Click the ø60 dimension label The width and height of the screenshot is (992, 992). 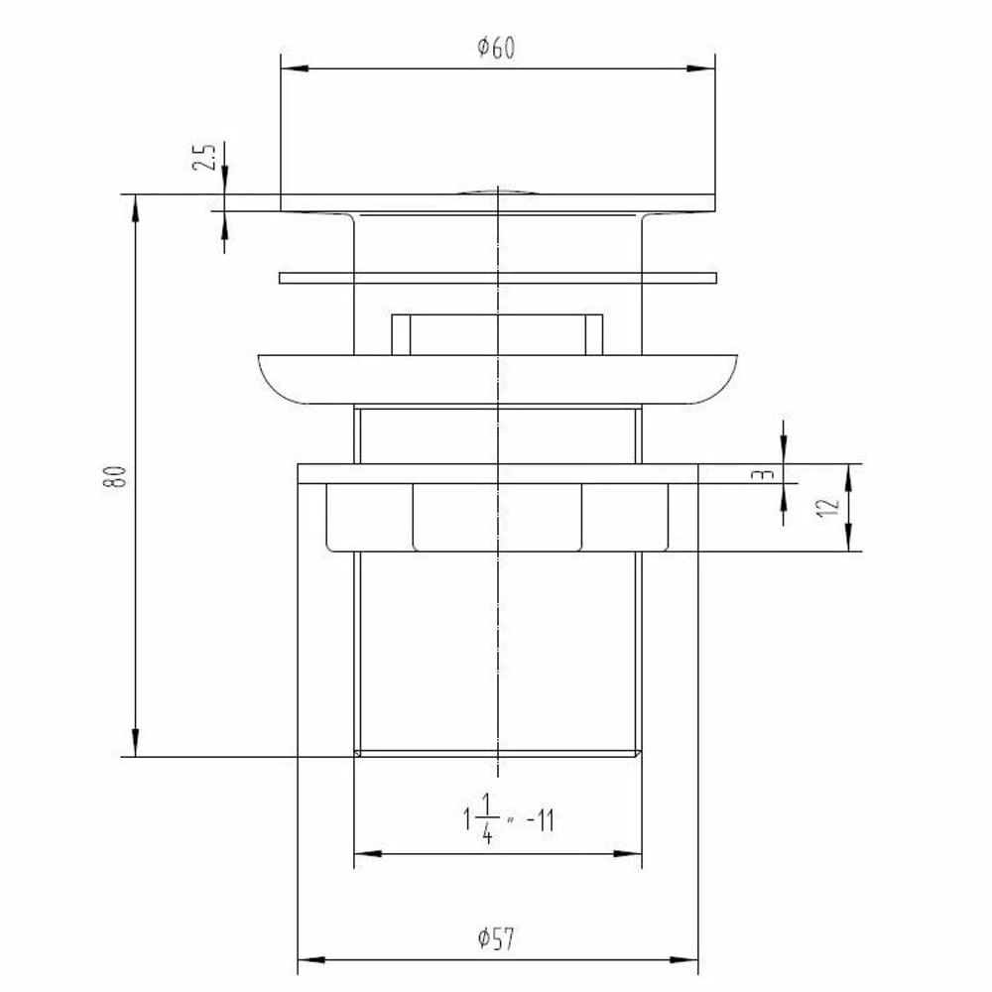point(496,48)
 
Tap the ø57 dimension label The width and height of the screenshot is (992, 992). point(496,938)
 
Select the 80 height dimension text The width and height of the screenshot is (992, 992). point(115,476)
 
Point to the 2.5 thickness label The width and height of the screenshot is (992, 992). point(204,157)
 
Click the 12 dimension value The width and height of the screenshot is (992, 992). point(828,507)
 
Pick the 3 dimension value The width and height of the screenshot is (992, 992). point(766,474)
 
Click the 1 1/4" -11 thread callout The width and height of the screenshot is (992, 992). point(509,819)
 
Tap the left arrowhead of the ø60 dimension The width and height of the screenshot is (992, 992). point(295,68)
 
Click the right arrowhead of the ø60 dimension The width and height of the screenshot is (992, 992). point(701,68)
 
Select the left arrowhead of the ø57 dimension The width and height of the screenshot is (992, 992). point(311,959)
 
